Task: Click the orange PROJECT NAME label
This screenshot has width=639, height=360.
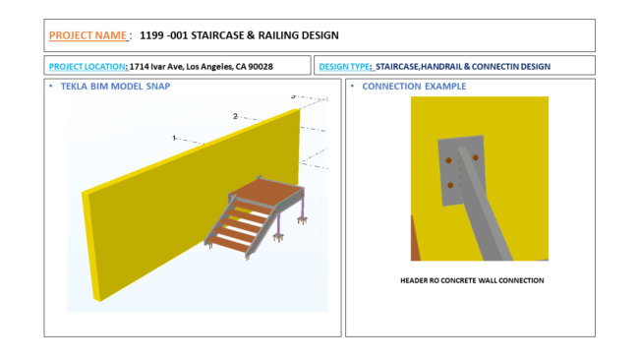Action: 87,35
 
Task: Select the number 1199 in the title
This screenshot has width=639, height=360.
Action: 151,35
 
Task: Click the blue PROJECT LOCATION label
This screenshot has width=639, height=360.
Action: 87,67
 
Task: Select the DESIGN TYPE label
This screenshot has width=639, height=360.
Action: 344,67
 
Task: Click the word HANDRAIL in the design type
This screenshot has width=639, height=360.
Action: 441,67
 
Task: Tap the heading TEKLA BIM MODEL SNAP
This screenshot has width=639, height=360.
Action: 115,87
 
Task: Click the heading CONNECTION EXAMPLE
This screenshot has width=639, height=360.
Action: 414,87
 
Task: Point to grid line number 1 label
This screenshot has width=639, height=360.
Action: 174,139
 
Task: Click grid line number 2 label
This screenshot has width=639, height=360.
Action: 235,116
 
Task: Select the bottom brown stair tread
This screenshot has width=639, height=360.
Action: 227,244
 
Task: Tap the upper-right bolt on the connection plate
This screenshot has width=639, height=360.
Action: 475,157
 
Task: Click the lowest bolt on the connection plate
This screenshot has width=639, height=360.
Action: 450,185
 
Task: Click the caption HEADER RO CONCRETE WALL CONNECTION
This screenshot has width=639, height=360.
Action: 472,280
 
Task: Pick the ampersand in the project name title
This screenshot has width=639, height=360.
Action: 251,35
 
